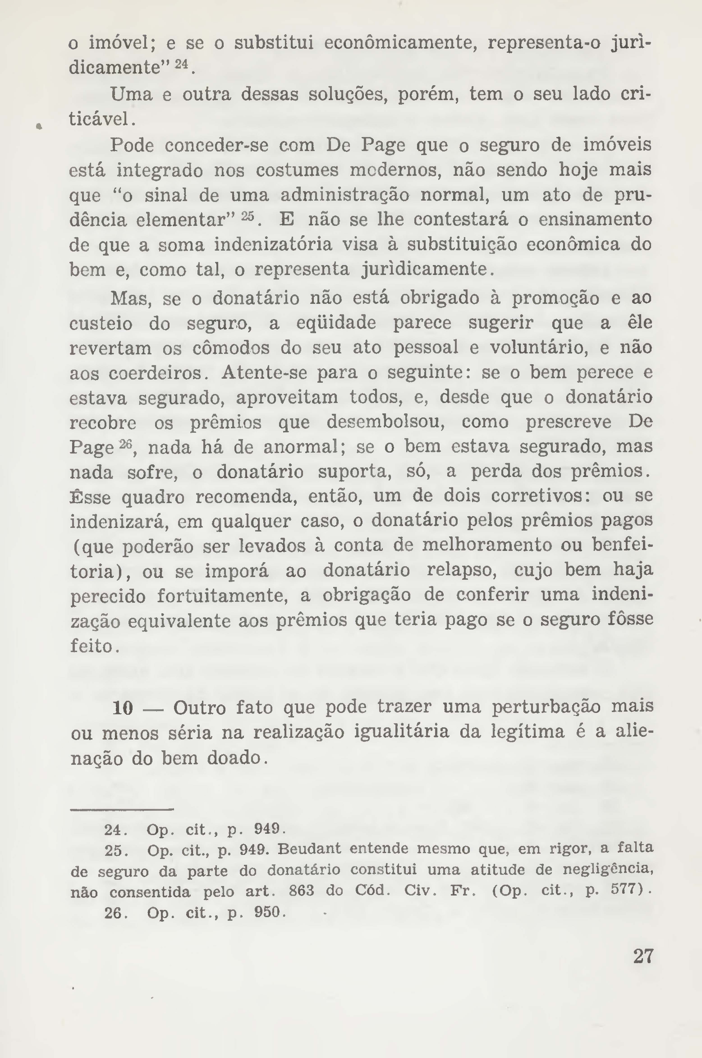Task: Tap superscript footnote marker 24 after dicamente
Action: coord(181,64)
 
